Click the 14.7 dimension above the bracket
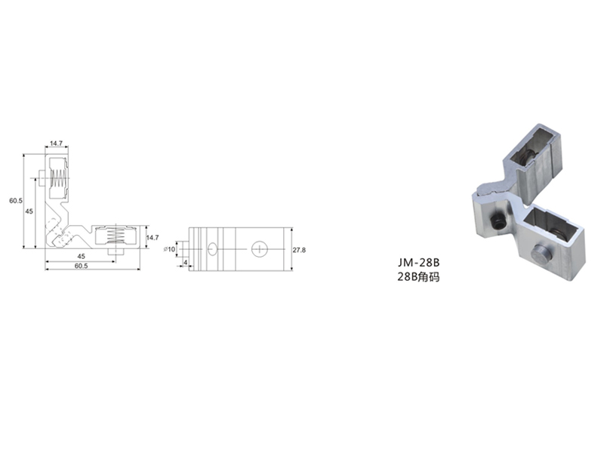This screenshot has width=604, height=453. [56, 143]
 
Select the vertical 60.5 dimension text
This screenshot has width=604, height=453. [16, 201]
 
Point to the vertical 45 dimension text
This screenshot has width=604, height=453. [29, 211]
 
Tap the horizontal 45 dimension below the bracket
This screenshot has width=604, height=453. [81, 256]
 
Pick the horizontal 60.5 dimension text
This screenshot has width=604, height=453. [81, 266]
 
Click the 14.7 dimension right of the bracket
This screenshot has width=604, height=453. [153, 238]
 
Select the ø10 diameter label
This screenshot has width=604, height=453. [169, 249]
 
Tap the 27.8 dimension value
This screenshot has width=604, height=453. [299, 250]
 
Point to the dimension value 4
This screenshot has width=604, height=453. [185, 263]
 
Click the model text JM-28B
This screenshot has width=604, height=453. [419, 263]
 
